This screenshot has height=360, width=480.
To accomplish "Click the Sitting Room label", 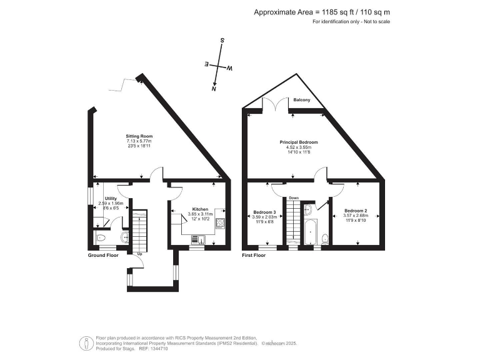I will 139,136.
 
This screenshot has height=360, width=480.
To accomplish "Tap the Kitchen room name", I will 200,209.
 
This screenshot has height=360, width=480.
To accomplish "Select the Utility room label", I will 111,198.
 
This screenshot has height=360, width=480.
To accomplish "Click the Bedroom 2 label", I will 355,211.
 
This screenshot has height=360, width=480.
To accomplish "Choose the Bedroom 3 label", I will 264,212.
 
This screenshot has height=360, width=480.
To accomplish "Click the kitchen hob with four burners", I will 220,222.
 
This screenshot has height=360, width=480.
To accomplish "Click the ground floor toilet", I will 101,237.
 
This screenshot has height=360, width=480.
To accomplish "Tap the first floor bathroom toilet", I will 324,238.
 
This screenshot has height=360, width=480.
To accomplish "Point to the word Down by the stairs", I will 294,198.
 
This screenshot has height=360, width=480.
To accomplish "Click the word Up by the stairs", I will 139,254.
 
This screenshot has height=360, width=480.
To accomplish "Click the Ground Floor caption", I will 103,256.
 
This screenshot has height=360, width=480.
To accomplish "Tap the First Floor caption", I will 256,256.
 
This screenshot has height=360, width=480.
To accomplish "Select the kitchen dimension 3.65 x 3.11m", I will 200,214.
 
